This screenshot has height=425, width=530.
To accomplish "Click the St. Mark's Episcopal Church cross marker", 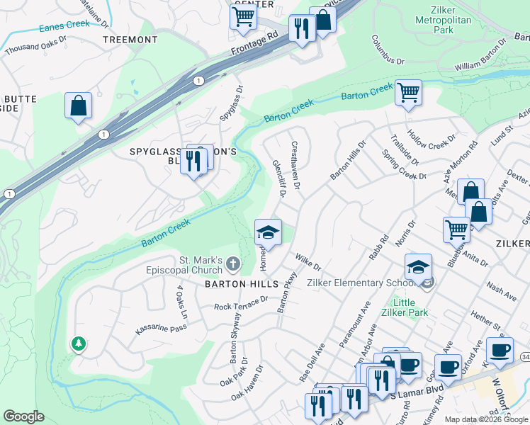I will pyautogui.click(x=234, y=266).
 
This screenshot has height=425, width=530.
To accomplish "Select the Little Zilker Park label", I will pyautogui.click(x=405, y=307).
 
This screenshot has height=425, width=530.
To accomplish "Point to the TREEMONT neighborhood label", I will pyautogui.click(x=130, y=40).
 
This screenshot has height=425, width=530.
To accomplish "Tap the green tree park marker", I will pyautogui.click(x=78, y=344).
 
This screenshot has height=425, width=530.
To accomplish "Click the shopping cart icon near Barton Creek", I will pyautogui.click(x=408, y=92).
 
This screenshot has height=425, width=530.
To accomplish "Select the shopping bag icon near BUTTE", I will pyautogui.click(x=78, y=106).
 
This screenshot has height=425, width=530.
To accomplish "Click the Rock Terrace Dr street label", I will pyautogui.click(x=241, y=303).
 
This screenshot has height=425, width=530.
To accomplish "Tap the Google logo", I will pyautogui.click(x=23, y=416).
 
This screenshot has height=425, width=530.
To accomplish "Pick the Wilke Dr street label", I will pyautogui.click(x=309, y=263).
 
